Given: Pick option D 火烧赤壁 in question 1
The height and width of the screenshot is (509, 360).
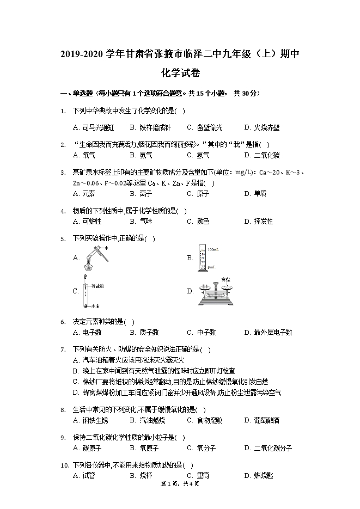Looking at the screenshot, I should [x=262, y=127].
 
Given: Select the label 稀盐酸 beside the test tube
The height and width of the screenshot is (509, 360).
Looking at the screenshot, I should [x=98, y=286].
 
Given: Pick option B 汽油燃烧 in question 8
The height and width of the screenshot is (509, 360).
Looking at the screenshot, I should [x=147, y=420].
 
